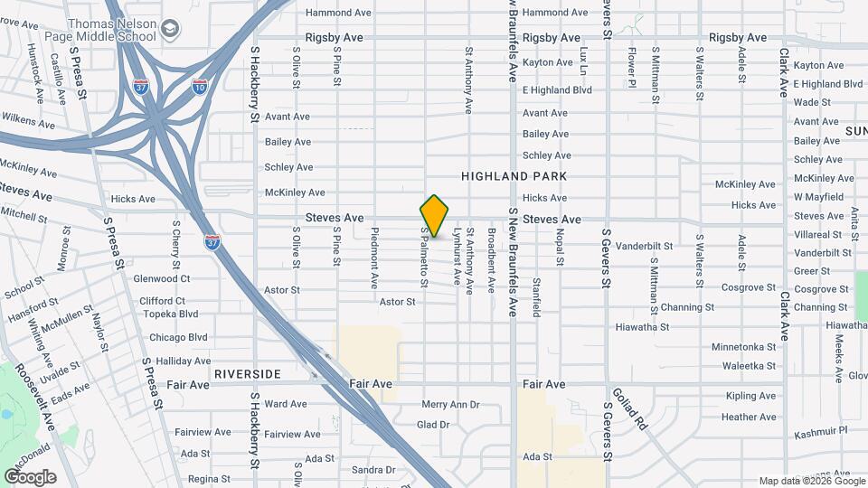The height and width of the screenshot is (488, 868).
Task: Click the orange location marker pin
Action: coord(434,216)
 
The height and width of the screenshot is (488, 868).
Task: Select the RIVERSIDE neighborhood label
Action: coord(248,373)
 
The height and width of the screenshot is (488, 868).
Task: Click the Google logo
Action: coord(30,476)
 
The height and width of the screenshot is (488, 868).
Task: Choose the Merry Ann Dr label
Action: coord(450,405)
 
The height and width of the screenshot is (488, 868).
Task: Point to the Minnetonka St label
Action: coord(743,347)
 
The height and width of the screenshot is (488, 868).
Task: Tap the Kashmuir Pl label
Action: coord(820,433)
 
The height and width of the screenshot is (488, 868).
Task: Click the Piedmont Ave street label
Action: coord(373,258)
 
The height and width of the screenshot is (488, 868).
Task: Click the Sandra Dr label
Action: coord(373,470)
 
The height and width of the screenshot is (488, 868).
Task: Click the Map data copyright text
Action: coord(810,481)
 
